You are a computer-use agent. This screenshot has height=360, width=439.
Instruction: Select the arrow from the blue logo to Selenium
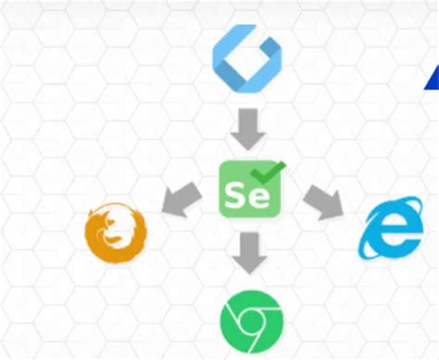[x=247, y=128]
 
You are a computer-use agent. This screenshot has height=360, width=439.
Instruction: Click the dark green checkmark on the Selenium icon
[x=270, y=171]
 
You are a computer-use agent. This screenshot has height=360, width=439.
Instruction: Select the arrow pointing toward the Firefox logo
[x=184, y=197]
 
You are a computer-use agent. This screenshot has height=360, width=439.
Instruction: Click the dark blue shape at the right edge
[x=433, y=81]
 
